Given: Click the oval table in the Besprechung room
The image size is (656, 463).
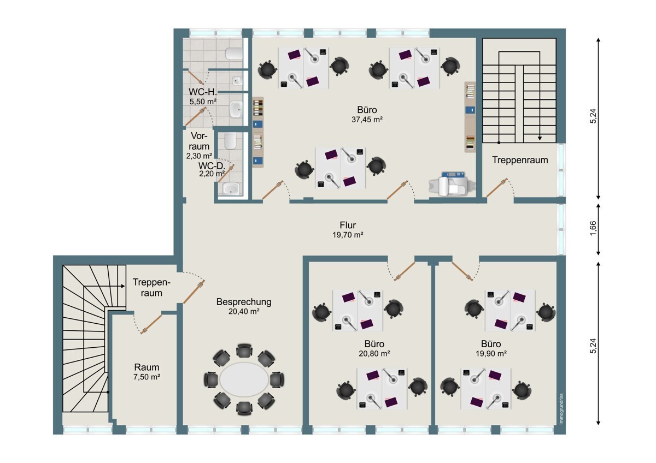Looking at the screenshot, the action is point(244,379).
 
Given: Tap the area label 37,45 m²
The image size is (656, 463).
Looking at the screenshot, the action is point(367,120).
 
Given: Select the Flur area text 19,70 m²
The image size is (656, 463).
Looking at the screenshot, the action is point(348,235).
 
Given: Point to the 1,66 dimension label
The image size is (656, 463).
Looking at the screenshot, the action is point(593,228).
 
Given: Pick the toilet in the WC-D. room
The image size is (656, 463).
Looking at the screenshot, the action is point(231,141).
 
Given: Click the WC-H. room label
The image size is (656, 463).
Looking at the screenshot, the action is point(203,92).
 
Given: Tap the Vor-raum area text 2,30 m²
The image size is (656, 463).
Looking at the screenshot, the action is point(199,156).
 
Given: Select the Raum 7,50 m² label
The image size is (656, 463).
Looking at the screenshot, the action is point(147,372).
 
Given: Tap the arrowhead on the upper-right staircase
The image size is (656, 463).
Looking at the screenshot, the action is point(540,138).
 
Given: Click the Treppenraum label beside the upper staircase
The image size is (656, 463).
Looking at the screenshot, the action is point(520,160).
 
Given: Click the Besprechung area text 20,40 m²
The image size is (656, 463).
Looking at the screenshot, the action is point(244,312).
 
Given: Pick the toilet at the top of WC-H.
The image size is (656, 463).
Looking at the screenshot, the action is point(234,54).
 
